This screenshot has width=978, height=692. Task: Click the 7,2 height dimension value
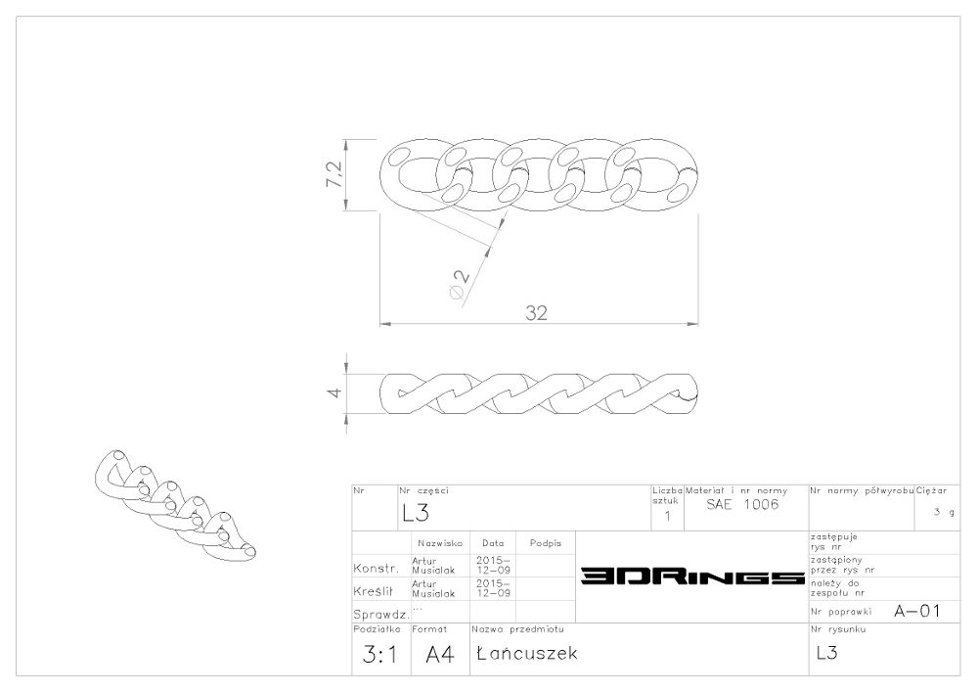pyautogui.click(x=333, y=175)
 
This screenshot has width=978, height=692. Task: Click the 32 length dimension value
pyautogui.click(x=536, y=312)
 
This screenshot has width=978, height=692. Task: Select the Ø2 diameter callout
pyautogui.click(x=460, y=284)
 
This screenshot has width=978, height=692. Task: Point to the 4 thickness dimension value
pyautogui.click(x=334, y=392)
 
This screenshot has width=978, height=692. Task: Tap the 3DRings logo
pyautogui.click(x=692, y=577)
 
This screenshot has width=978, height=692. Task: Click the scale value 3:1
pyautogui.click(x=379, y=655)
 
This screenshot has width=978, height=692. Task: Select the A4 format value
pyautogui.click(x=440, y=655)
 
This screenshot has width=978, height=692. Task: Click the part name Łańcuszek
pyautogui.click(x=527, y=653)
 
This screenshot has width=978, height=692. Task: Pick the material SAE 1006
pyautogui.click(x=742, y=504)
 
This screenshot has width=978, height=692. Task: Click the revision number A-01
pyautogui.click(x=917, y=611)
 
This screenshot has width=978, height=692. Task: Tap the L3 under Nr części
pyautogui.click(x=416, y=513)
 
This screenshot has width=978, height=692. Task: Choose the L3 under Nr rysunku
pyautogui.click(x=826, y=653)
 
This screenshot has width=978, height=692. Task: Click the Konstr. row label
pyautogui.click(x=377, y=569)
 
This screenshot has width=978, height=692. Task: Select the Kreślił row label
pyautogui.click(x=373, y=591)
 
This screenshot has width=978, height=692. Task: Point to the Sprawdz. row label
pyautogui.click(x=381, y=614)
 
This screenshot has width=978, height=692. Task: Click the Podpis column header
pyautogui.click(x=546, y=543)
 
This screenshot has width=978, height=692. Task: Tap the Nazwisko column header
pyautogui.click(x=440, y=543)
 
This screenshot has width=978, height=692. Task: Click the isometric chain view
pyautogui.click(x=175, y=504)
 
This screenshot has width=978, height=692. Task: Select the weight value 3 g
pyautogui.click(x=944, y=512)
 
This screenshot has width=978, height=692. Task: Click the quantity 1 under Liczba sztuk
pyautogui.click(x=667, y=516)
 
